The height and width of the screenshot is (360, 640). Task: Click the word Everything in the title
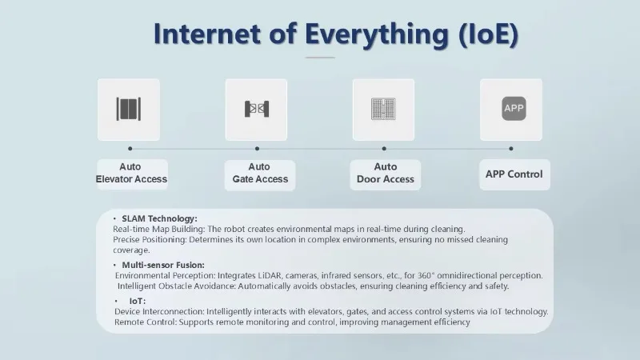377,34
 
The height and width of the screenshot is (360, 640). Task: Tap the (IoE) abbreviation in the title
489,34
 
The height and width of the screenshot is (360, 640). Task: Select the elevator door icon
129,109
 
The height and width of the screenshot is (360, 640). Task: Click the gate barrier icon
256,109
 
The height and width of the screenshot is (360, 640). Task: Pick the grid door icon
383,109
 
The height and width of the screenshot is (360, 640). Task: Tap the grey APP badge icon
514,109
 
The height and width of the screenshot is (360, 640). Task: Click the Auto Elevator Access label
131,173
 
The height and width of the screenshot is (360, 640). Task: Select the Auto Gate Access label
260,173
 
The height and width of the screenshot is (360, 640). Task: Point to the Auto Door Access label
386,173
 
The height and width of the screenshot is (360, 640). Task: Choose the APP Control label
514,174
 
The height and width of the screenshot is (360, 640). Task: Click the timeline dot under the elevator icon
130,149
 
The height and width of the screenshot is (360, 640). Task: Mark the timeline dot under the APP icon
511,149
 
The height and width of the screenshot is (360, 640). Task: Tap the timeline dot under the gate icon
257,149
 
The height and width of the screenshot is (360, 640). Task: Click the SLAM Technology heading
159,218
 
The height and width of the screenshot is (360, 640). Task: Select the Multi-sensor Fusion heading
163,266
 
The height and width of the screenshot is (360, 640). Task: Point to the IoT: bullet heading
137,302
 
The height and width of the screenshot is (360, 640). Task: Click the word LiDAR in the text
270,275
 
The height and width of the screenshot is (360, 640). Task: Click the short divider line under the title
320,58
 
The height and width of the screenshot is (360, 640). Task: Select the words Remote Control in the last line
146,322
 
